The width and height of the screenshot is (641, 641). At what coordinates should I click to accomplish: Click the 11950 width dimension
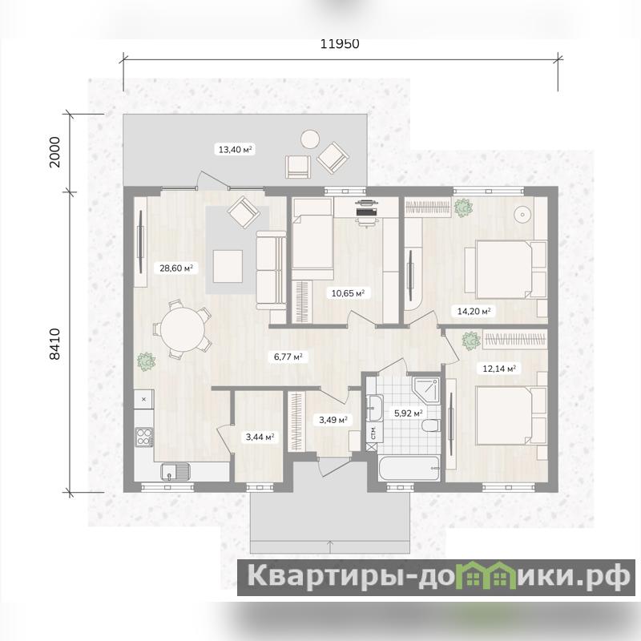pos(339,44)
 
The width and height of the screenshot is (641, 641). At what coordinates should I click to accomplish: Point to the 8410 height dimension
pos(54,344)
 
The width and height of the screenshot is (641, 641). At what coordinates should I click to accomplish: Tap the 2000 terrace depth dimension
pos(54,152)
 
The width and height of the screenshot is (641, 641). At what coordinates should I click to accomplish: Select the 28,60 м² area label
pos(176,268)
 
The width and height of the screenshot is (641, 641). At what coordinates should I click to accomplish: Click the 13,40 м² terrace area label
pos(235,150)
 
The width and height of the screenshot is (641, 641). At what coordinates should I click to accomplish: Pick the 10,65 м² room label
pos(348,293)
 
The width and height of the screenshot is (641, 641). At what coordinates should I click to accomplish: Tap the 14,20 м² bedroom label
pos(474,311)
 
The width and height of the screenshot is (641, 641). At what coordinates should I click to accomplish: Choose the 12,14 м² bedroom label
pos(499,369)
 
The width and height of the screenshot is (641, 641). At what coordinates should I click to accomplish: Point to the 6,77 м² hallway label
pos(288,357)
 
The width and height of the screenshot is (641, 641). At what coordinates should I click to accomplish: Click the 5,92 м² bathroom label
pos(408,413)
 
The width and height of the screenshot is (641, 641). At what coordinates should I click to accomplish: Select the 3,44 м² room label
pos(260,437)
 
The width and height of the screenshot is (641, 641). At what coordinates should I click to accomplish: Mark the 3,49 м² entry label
pos(333,420)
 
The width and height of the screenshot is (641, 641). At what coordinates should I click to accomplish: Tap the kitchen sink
pos(175,472)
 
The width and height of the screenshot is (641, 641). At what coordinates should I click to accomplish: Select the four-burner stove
pos(144,437)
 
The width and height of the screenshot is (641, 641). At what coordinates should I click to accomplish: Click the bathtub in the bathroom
pos(409,469)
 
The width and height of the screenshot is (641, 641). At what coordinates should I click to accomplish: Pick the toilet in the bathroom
pos(431,425)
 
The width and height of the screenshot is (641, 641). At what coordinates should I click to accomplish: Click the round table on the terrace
pos(310,139)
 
